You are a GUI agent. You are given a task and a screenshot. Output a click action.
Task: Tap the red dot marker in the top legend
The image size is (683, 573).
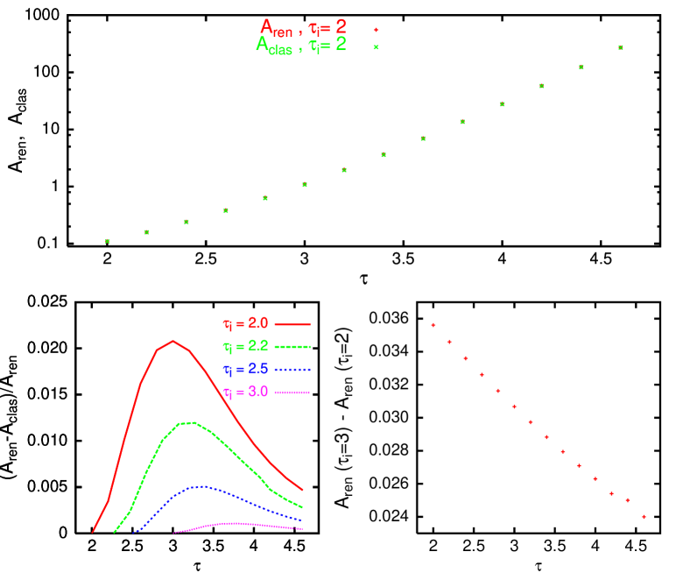point(376,30)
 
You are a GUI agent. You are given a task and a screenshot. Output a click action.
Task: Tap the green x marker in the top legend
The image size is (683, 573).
point(376,47)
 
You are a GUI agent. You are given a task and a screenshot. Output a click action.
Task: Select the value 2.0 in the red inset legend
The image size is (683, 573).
point(257,323)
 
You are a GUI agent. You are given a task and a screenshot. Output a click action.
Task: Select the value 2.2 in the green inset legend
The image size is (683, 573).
point(257,346)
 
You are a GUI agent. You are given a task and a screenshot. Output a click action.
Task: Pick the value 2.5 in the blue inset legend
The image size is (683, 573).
point(257,369)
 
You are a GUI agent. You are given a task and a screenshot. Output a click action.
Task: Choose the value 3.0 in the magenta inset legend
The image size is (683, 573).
point(257,392)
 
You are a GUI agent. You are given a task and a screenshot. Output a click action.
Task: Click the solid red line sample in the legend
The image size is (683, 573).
point(292,324)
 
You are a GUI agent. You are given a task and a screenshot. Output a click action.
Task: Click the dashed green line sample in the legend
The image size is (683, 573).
point(292,347)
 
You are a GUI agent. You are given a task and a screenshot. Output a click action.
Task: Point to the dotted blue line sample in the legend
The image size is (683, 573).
point(292,370)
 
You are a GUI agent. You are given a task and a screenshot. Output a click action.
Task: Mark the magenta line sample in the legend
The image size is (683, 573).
point(292,393)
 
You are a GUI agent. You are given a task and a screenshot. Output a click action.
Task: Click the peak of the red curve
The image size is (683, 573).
point(173,341)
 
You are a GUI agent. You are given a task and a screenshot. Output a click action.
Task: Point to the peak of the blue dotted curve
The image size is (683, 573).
point(201,485)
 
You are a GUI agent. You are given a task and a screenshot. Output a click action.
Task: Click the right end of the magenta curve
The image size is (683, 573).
point(302,528)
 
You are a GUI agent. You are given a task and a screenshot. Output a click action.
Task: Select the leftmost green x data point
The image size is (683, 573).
point(108,241)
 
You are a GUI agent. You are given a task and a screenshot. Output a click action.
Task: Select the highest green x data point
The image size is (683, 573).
point(620,47)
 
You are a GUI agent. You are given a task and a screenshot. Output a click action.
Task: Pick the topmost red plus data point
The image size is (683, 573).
point(433,325)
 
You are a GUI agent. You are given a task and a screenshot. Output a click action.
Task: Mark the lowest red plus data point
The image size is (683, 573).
point(644,516)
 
